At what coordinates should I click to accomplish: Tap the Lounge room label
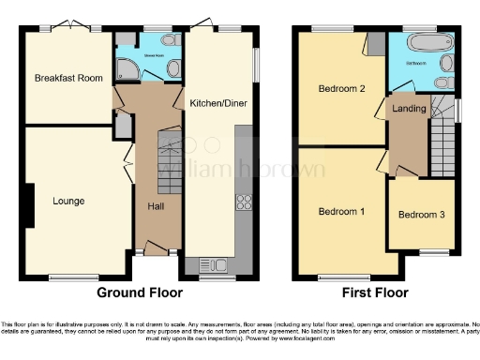pos(68,201)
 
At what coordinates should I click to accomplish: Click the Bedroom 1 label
pos(341,211)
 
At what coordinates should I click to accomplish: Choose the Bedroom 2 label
pos(341,89)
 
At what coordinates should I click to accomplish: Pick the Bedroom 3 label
pos(421,215)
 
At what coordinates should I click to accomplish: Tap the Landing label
pos(410,109)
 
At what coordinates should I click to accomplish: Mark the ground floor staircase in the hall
pos(168,150)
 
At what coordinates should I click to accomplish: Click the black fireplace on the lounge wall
pos(30,204)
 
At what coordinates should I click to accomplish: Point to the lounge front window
pos(67,276)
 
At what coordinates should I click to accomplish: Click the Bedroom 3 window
pos(432,251)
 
